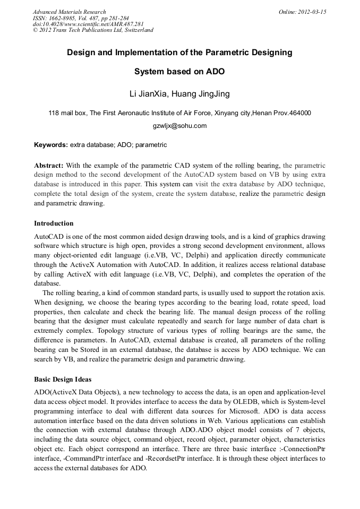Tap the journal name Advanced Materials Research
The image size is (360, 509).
click(x=69, y=12)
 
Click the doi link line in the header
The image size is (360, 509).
click(x=88, y=24)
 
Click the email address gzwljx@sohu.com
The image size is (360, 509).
click(x=179, y=126)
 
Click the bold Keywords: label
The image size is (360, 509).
click(x=51, y=144)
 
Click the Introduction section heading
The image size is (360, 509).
click(x=54, y=223)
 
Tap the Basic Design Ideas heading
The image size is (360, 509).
click(x=63, y=379)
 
